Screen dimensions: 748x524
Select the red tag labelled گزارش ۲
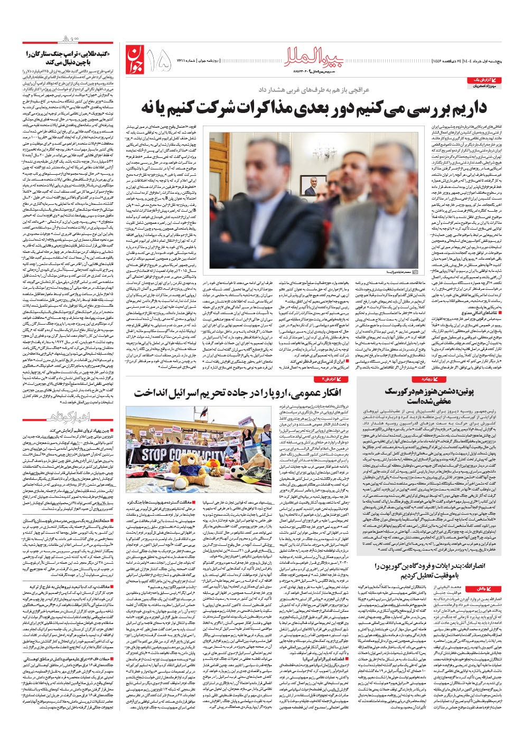coord(332,379)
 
